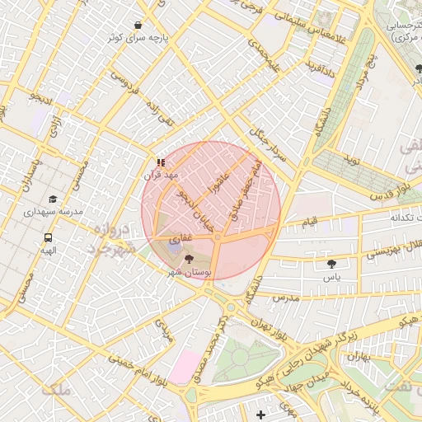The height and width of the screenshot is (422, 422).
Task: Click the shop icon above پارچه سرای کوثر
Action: click(x=137, y=25)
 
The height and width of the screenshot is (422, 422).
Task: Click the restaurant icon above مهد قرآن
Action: click(x=161, y=162)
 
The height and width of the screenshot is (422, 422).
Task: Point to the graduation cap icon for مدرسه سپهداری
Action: click(x=53, y=199)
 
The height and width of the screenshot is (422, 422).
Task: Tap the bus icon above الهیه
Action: click(x=49, y=237)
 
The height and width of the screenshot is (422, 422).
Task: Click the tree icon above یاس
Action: click(x=331, y=265)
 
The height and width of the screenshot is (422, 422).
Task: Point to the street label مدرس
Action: click(x=284, y=296)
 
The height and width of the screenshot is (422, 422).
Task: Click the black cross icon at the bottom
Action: click(x=261, y=414)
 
